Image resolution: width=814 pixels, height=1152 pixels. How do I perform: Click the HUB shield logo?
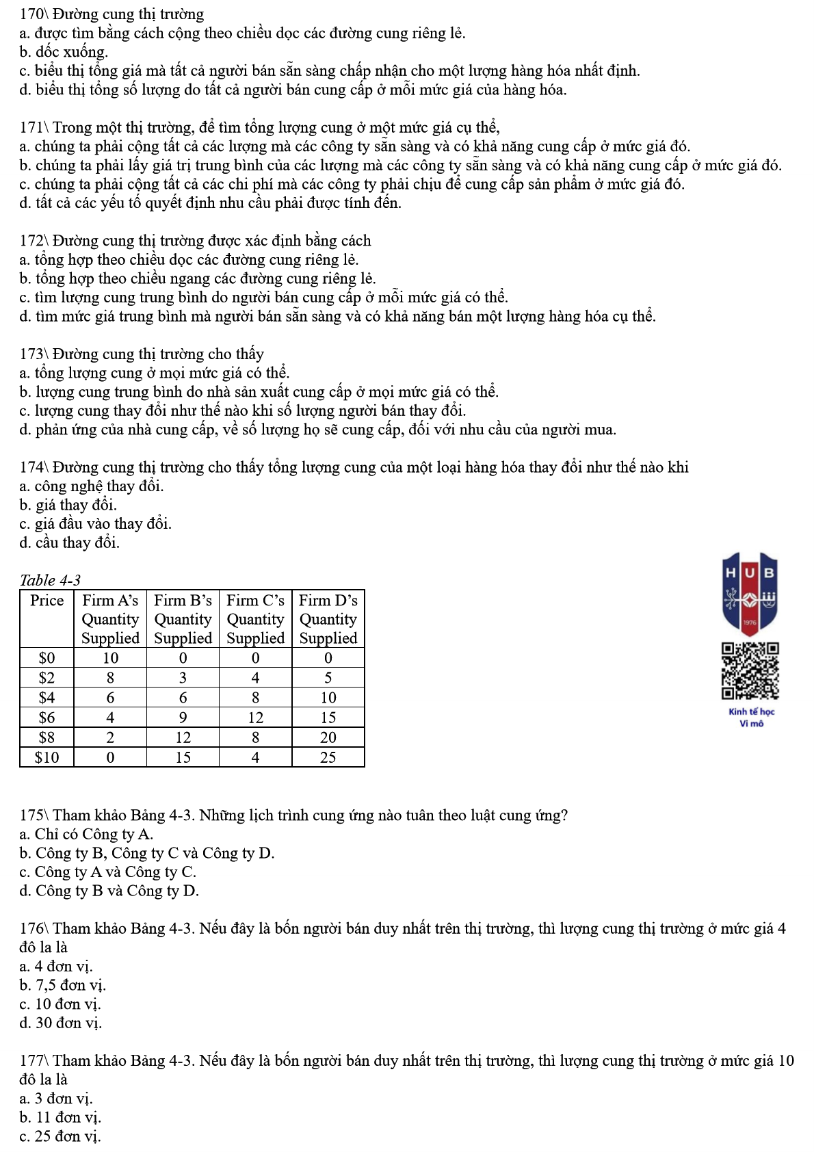(750, 594)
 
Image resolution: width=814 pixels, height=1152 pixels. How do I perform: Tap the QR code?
(750, 670)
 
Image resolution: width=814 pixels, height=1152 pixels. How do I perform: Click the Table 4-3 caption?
(50, 580)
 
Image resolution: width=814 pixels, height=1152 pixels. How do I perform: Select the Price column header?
(47, 601)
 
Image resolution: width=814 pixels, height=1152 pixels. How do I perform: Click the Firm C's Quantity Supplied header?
(255, 619)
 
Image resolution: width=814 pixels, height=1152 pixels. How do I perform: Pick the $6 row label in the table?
(47, 718)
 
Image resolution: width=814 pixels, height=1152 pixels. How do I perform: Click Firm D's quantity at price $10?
(328, 757)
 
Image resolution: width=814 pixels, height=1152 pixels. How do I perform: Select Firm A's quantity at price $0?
(110, 658)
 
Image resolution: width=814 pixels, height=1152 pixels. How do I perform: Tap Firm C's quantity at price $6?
(255, 718)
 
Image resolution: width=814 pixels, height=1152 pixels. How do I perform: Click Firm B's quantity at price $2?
(183, 678)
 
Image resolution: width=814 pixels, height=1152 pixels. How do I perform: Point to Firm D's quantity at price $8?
(328, 737)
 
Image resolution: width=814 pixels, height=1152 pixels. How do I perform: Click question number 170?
(31, 14)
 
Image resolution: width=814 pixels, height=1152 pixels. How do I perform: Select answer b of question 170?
(64, 52)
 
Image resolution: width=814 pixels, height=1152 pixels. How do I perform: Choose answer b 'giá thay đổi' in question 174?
(68, 505)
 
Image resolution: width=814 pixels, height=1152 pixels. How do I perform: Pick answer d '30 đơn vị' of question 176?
(61, 1023)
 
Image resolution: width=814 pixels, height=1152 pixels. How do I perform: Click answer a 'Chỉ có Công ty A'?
(86, 834)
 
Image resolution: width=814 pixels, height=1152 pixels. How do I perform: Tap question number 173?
(31, 354)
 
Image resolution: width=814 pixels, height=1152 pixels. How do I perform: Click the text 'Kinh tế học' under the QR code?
(751, 712)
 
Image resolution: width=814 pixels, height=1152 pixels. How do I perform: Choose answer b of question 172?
(198, 278)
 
